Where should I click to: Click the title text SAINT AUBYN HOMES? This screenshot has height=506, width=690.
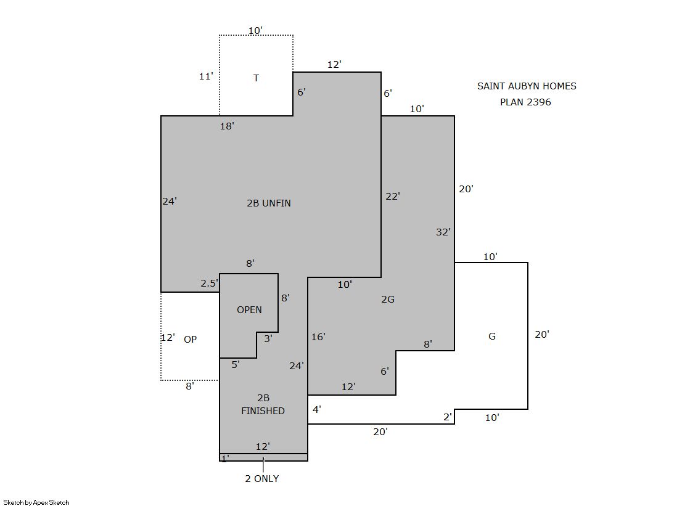coord(527,86)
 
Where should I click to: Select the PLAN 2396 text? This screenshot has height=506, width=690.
coord(525,102)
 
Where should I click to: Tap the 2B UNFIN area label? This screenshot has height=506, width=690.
coord(269,203)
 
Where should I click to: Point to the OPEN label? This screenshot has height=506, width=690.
coord(249,310)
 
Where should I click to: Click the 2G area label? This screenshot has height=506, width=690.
coord(388,299)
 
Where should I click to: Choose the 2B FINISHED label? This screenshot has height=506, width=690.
coord(263,404)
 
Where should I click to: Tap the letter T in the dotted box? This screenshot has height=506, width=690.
coord(256,78)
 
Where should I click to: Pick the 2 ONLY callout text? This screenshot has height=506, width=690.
coord(262,479)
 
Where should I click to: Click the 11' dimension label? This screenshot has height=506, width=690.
coord(206,76)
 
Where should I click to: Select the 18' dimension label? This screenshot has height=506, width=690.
coord(227,126)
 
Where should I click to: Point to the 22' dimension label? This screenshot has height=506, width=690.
coord(393,196)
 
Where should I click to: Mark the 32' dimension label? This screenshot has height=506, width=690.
coord(443,232)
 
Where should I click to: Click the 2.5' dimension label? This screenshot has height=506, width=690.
coord(210,284)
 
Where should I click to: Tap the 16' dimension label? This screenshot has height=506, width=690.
coord(318,337)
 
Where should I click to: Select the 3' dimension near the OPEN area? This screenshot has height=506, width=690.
coord(268,339)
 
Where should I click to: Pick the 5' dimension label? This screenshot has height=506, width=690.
coord(236,364)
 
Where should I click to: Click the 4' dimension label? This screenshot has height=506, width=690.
coord(317,410)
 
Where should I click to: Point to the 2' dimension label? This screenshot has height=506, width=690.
coord(448,417)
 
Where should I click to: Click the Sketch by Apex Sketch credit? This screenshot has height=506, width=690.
coord(36,502)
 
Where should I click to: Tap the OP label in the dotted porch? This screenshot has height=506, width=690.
coord(190,339)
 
